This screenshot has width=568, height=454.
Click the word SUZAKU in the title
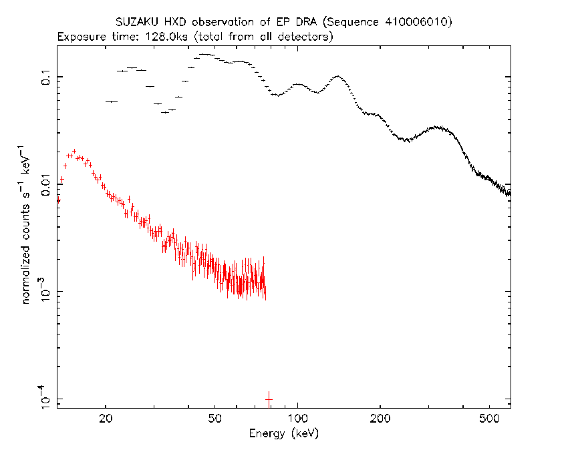(136, 22)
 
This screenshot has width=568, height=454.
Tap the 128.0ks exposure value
(166, 37)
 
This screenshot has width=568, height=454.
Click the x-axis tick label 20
(106, 419)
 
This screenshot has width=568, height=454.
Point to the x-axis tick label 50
(215, 419)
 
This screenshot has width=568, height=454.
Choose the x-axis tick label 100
(298, 419)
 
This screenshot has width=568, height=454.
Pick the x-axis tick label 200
(380, 419)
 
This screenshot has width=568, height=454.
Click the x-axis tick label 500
(489, 419)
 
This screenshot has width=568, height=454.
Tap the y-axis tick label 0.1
(45, 77)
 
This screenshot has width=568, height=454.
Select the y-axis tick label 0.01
(45, 185)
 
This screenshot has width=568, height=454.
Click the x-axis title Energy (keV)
(283, 434)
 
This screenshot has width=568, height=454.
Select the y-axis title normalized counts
(26, 254)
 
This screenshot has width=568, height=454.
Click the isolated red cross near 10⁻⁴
(269, 400)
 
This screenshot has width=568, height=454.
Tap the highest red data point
(74, 151)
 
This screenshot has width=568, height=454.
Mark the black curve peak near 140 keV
(337, 76)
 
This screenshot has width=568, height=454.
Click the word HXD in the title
(175, 22)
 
